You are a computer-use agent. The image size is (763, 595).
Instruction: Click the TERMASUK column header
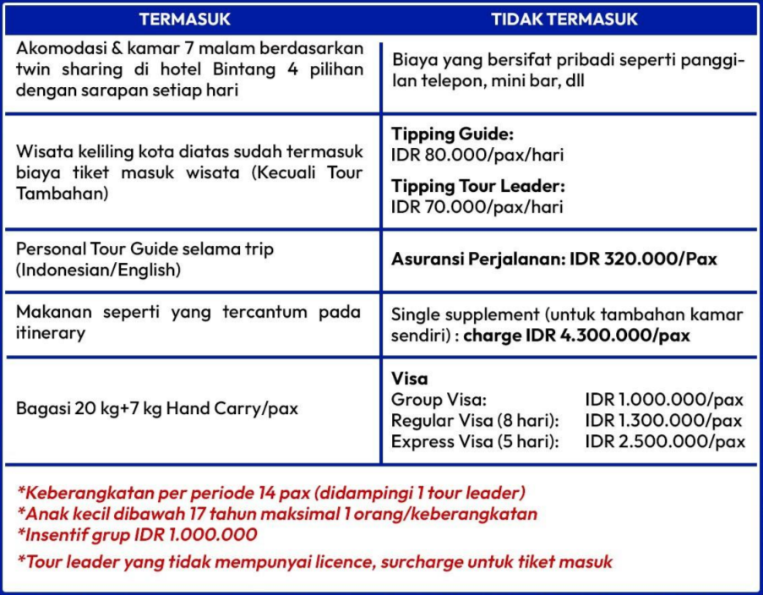[185, 19]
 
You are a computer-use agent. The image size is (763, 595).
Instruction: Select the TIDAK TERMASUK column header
[565, 19]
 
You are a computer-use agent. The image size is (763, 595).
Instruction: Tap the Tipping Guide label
[452, 134]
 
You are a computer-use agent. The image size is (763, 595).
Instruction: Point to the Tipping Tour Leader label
[478, 186]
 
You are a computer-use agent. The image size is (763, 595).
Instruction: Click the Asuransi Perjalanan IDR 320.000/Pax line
[553, 259]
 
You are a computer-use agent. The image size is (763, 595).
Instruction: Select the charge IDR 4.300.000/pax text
[577, 336]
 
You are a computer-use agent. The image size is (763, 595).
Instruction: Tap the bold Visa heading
[410, 379]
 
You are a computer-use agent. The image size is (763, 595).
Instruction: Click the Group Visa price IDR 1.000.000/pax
[664, 399]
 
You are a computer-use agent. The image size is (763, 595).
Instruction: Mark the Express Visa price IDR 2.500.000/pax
[664, 441]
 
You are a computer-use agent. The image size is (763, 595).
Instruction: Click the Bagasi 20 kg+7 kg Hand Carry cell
[157, 408]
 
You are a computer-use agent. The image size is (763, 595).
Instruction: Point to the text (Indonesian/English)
[99, 270]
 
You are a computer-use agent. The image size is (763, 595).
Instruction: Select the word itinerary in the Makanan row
[51, 333]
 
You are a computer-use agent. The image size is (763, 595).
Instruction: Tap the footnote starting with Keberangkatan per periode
[270, 492]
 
